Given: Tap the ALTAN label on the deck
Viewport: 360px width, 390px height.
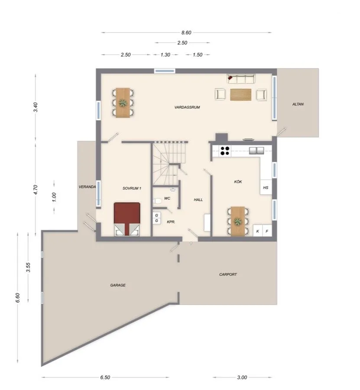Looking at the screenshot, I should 298,104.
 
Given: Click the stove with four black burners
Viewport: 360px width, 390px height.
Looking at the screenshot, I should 225,151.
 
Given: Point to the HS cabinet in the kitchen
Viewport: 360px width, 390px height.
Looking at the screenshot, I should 265,188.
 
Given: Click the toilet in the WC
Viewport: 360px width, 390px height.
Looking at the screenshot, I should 158,200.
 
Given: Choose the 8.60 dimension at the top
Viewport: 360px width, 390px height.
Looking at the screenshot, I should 186,32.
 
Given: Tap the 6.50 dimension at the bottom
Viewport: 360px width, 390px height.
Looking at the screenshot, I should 105,377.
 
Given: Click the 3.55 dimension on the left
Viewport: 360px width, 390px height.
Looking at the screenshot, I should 28,267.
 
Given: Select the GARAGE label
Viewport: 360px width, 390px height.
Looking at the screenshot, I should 117,285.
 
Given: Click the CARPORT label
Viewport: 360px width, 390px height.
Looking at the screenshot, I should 228,274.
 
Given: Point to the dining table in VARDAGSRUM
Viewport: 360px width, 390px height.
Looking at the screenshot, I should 123,103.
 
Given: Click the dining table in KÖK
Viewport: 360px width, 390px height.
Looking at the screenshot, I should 238,222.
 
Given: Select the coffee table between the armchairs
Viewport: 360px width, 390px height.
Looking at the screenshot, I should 240,94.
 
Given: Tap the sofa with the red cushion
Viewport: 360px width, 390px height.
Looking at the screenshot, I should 242,78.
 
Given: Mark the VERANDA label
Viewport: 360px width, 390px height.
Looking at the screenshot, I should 87,187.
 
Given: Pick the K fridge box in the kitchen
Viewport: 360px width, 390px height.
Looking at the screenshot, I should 258,232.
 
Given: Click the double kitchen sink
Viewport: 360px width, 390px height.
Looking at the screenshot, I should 257,151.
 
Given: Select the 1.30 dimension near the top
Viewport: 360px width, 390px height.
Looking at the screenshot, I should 165,55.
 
